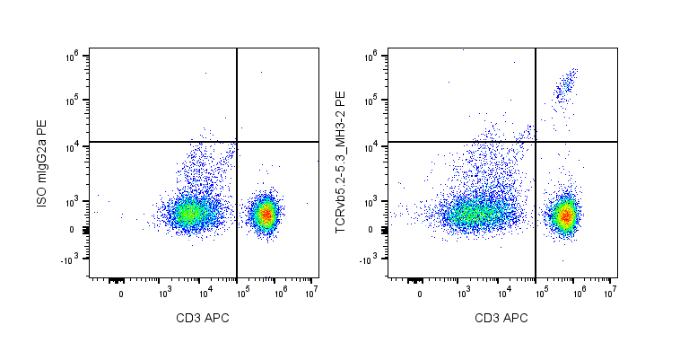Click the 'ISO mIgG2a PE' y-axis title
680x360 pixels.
[41, 166]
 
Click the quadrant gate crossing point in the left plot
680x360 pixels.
[237, 142]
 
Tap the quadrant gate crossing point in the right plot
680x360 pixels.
[536, 142]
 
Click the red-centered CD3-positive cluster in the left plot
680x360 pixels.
[266, 214]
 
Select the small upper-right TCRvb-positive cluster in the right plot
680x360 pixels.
[564, 85]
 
